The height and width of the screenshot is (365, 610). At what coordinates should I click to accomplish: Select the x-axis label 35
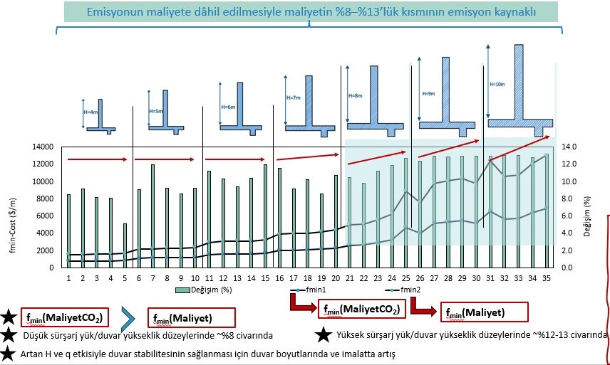click(546, 278)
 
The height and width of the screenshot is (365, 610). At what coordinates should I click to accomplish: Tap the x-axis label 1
click(68, 278)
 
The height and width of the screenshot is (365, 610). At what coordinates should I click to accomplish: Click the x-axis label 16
click(279, 278)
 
